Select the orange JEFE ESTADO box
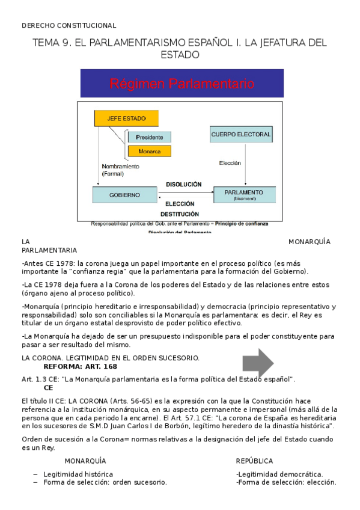coord(122,118)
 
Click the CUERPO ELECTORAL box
coord(240,134)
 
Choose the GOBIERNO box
coord(124,195)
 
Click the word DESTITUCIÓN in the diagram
coord(180,214)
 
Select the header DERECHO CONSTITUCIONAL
coord(69,25)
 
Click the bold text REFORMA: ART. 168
coord(81,366)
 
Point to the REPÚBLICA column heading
coord(254,461)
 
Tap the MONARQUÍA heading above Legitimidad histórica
coord(85,461)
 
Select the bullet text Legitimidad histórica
coord(78,474)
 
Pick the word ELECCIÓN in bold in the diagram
coord(180,203)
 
